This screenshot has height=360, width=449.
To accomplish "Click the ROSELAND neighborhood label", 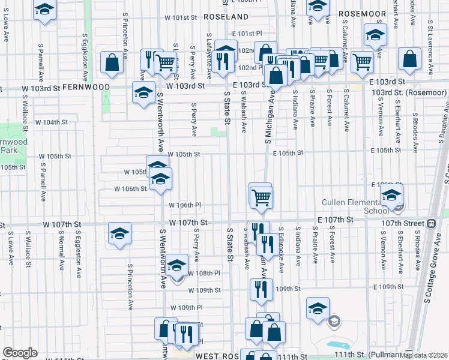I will click(226, 16).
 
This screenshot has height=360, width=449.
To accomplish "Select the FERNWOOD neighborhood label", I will click(89, 87).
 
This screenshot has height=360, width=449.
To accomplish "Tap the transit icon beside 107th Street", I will click(431, 223).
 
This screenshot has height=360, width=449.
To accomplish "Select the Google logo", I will click(20, 353).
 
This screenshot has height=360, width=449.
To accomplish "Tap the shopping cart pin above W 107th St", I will click(261, 196).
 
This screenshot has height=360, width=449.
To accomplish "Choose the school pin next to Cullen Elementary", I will click(391, 196).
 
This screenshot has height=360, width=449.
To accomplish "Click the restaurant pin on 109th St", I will click(261, 289).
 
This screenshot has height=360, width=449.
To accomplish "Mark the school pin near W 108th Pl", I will click(177, 266).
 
